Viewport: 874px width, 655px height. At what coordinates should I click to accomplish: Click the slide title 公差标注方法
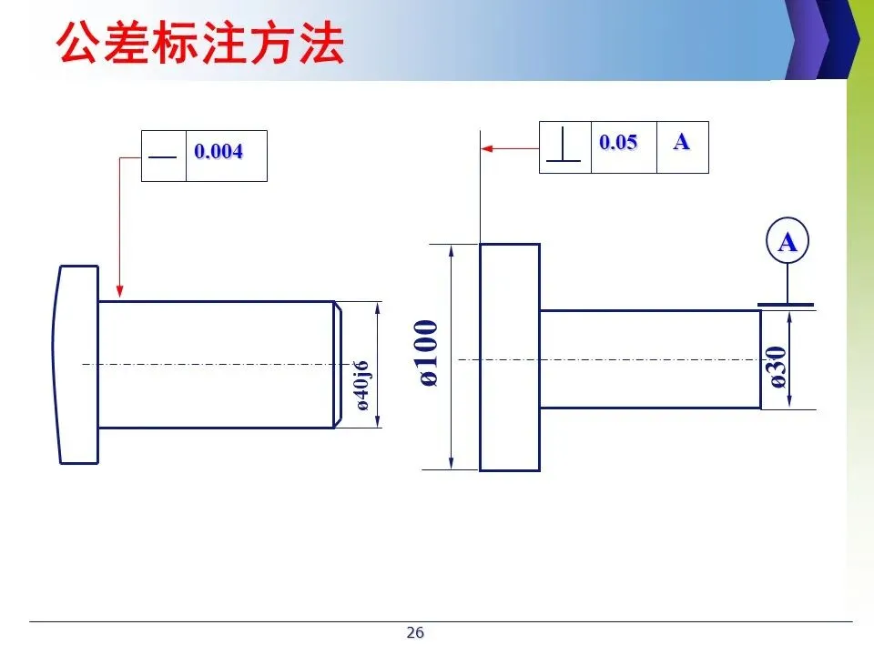pyautogui.click(x=200, y=44)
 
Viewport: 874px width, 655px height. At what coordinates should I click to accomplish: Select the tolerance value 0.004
pyautogui.click(x=218, y=152)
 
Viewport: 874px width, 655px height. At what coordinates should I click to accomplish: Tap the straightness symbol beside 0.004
pyautogui.click(x=163, y=156)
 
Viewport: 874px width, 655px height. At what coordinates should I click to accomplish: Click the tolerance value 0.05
pyautogui.click(x=618, y=143)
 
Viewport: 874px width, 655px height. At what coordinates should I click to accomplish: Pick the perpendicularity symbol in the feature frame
pyautogui.click(x=564, y=146)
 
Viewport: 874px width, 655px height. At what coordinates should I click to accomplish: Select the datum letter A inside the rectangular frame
pyautogui.click(x=681, y=142)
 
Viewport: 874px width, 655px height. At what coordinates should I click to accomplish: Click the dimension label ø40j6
pyautogui.click(x=362, y=385)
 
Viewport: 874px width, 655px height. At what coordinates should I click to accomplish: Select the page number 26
pyautogui.click(x=415, y=633)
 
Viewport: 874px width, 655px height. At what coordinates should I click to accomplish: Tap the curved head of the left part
pyautogui.click(x=76, y=364)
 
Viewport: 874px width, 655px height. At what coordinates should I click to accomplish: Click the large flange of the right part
pyautogui.click(x=510, y=358)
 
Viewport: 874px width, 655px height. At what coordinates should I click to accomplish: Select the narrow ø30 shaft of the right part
pyautogui.click(x=650, y=359)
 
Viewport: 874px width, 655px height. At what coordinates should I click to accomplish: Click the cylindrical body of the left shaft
pyautogui.click(x=215, y=364)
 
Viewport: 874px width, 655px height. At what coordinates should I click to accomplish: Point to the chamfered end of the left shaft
pyautogui.click(x=337, y=364)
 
